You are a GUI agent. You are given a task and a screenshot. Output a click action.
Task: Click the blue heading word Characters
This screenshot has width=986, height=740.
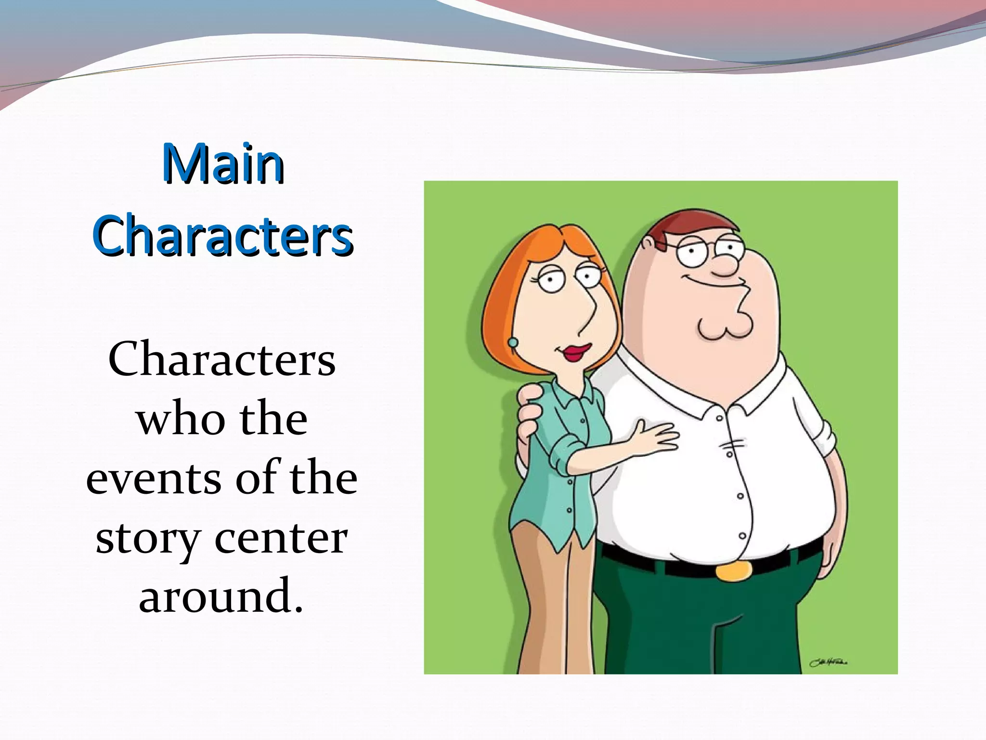click(223, 236)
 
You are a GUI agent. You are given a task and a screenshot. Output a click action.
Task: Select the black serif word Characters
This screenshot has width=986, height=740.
click(222, 360)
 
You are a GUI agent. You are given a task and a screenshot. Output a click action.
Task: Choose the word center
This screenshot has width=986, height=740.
click(281, 538)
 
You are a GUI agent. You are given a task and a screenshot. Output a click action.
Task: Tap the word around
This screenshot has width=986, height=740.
click(221, 596)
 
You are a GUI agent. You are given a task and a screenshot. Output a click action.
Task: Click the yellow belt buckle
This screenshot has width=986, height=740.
click(734, 571)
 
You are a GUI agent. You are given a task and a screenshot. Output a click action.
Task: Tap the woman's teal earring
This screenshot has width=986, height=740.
click(513, 343)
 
